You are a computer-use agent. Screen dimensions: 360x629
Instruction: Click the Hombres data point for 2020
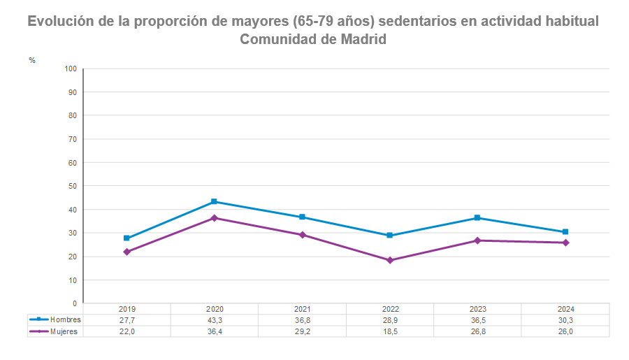(x=215, y=201)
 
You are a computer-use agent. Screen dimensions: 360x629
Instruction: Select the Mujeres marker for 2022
(x=390, y=260)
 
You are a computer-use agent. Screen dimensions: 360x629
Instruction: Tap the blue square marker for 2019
(x=126, y=238)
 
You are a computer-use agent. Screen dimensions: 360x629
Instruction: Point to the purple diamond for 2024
(x=565, y=243)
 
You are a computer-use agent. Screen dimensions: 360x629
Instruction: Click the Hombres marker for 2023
(x=477, y=217)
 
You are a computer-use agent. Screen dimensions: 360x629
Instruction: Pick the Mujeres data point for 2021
(x=302, y=235)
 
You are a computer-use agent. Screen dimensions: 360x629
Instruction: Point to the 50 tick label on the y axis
(x=72, y=186)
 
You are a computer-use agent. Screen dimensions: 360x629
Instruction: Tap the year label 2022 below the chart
(x=390, y=309)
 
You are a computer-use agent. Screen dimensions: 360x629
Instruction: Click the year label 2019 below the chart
(x=126, y=309)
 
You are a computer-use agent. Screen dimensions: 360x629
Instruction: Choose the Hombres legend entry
(x=55, y=319)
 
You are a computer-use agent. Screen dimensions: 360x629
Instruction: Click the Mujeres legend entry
(x=55, y=331)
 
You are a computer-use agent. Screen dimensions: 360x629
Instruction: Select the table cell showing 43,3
(x=215, y=319)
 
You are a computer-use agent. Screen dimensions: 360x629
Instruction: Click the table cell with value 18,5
(x=390, y=331)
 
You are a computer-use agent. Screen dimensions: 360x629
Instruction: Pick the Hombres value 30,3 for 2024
(x=565, y=319)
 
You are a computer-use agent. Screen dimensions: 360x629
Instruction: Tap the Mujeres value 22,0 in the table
(x=126, y=331)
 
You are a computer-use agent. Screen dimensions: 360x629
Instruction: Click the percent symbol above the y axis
(x=32, y=60)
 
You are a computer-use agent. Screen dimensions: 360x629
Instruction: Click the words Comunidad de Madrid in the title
(x=313, y=40)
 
